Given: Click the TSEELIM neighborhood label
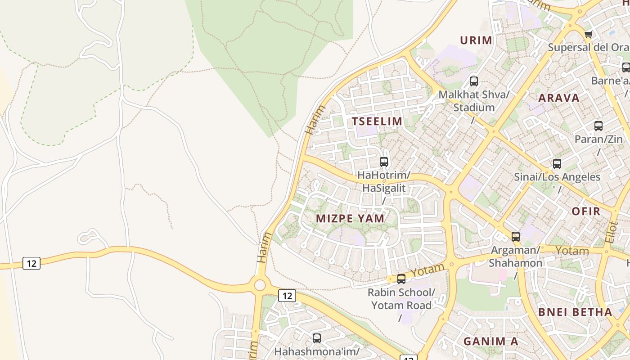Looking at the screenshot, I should pos(377,121).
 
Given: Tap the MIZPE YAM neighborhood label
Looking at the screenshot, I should pos(350,219).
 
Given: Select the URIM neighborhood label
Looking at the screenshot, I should pos(476,40).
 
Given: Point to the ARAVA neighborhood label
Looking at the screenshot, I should pos(559,98).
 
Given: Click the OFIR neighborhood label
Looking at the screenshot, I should pos(586,211).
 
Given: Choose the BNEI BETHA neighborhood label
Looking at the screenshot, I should pos(575,312).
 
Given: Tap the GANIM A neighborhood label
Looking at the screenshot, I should pos(490,341).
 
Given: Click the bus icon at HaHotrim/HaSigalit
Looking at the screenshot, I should pos(384,162).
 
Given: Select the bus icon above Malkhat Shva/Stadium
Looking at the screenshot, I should pos(473,81).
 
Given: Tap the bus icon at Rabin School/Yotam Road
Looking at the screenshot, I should pos(401,279).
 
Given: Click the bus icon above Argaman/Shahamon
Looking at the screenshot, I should pos(516,236).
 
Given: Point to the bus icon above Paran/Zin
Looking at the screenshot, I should pos(598,126).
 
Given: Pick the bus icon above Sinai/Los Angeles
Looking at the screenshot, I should pos(557,164).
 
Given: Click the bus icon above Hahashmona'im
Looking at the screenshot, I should pos(317,338).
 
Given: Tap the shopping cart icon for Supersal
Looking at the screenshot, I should pos(588,34).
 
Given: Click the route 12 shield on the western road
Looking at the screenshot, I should pos(31,263).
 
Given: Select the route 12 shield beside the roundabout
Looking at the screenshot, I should pos(287,296).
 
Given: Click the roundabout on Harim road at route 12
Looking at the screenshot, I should pos(260,285).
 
